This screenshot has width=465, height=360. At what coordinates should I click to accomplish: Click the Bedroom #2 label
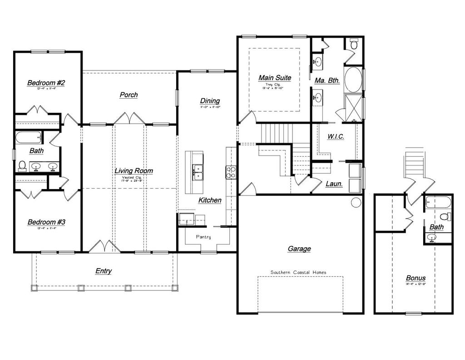click(x=46, y=83)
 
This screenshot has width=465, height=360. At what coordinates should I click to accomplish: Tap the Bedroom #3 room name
click(x=46, y=222)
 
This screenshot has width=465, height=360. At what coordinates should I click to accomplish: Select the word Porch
click(x=129, y=95)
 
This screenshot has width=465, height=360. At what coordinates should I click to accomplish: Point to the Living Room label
click(x=134, y=171)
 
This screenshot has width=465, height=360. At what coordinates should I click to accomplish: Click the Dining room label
click(x=210, y=101)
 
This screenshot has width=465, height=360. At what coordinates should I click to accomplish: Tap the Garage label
click(x=299, y=249)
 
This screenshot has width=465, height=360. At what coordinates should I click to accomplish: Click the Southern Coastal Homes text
click(x=298, y=272)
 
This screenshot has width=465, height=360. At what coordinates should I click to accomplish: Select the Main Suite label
click(x=274, y=78)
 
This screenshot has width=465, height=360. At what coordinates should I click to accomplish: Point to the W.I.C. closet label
click(x=336, y=136)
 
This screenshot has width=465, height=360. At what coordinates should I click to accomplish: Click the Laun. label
click(x=334, y=184)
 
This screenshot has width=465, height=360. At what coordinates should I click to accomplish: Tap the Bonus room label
click(x=416, y=278)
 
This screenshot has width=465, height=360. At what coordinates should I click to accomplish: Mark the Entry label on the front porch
click(x=104, y=271)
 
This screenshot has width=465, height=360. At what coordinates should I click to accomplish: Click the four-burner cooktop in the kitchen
click(x=231, y=172)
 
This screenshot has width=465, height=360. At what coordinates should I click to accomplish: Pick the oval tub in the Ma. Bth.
click(x=353, y=80)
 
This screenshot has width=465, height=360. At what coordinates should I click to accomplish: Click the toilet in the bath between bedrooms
click(x=22, y=166)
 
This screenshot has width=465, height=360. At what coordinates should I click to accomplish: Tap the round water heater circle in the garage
click(x=356, y=202)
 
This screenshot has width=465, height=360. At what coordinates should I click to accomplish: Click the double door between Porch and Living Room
click(x=129, y=118)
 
